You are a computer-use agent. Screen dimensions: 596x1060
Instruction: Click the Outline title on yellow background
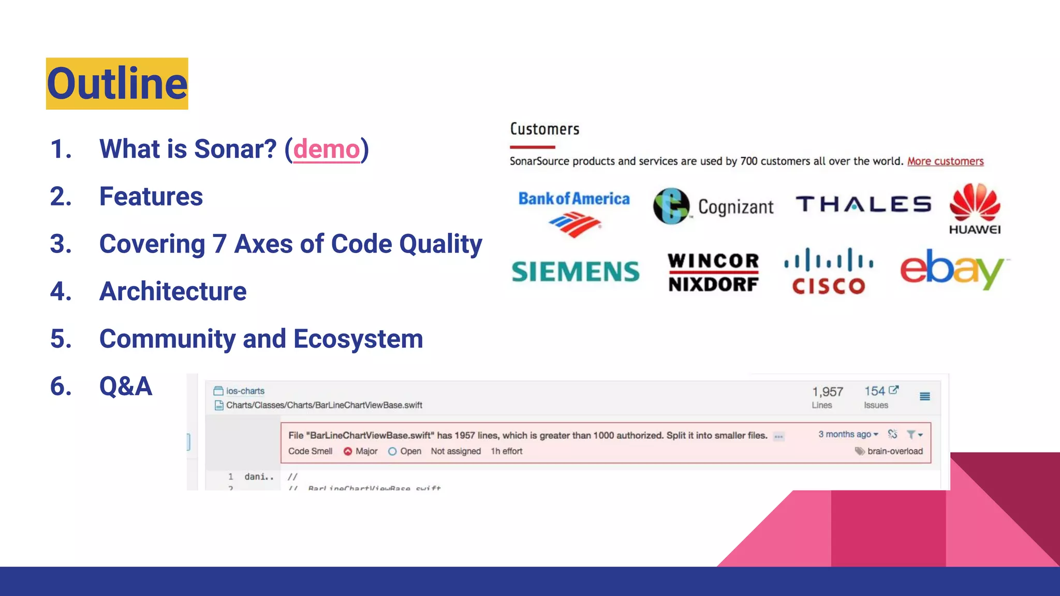tap(117, 84)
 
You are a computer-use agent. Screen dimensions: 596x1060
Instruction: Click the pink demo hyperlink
tap(326, 150)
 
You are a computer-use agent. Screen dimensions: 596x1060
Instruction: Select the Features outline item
tap(151, 197)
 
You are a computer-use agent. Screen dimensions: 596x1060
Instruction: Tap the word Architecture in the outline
tap(173, 291)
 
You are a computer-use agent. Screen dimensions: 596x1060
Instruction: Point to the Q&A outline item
tap(125, 386)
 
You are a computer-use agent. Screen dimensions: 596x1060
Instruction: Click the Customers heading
tap(544, 129)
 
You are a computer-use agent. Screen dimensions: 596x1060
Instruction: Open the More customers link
tap(945, 161)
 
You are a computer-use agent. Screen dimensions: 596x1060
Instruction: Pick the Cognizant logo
tap(713, 206)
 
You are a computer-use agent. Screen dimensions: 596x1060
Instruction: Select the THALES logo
tap(863, 204)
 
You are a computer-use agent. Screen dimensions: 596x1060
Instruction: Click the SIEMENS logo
tap(576, 272)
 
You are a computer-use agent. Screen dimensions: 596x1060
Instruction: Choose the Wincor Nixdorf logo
tap(713, 272)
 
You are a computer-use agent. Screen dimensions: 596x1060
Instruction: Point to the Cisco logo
tap(829, 272)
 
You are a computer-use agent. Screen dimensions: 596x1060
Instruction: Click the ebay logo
tap(952, 269)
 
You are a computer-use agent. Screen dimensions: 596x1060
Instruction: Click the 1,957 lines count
tap(827, 392)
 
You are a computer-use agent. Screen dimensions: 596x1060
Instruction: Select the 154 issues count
tap(875, 392)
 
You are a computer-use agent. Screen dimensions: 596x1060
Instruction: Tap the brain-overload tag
tap(894, 451)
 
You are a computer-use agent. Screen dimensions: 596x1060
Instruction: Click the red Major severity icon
tap(348, 451)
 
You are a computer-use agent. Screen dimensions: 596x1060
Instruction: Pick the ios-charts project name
tap(245, 391)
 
